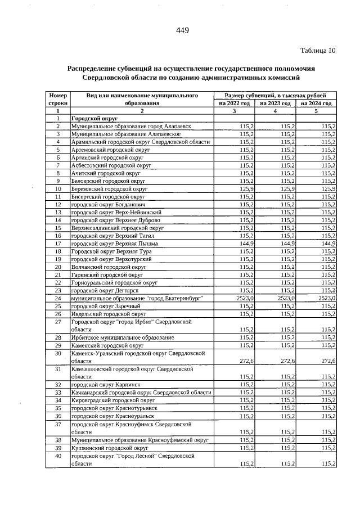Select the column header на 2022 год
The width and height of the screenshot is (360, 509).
point(235,103)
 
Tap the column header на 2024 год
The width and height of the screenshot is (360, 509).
point(317,103)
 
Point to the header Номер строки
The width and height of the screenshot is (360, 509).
point(58,100)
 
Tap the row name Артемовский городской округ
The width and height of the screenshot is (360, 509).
point(110,151)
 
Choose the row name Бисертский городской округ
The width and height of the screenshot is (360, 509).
point(109,197)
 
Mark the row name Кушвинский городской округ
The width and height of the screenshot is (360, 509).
point(109,447)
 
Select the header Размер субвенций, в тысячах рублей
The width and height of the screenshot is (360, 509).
point(276,96)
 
